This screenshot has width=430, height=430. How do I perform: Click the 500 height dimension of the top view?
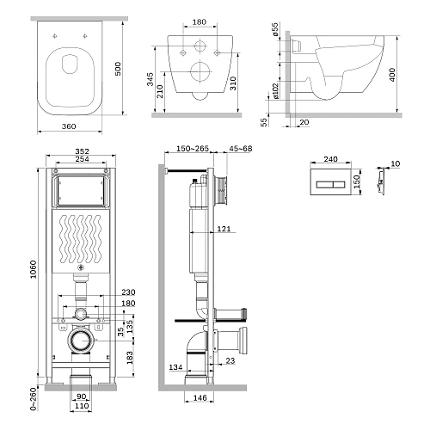pyautogui.click(x=118, y=69)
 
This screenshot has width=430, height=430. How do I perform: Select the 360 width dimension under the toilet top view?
pyautogui.click(x=69, y=126)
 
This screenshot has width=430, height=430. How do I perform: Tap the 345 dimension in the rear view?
pyautogui.click(x=150, y=79)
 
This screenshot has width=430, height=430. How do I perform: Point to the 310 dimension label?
pyautogui.click(x=233, y=83)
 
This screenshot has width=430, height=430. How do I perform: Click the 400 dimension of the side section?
pyautogui.click(x=392, y=75)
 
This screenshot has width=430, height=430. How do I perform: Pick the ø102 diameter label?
pyautogui.click(x=275, y=91)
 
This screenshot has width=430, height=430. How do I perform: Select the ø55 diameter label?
pyautogui.click(x=275, y=29)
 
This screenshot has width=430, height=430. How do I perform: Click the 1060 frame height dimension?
pyautogui.click(x=34, y=269)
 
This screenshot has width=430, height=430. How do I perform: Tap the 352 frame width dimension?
pyautogui.click(x=82, y=151)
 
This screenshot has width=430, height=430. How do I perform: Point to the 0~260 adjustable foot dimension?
pyautogui.click(x=34, y=399)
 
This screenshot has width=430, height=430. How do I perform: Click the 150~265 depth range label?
pyautogui.click(x=193, y=149)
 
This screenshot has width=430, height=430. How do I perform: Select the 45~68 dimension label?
pyautogui.click(x=241, y=149)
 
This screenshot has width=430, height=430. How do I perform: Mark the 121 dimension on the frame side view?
pyautogui.click(x=224, y=229)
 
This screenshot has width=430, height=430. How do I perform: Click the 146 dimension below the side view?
pyautogui.click(x=200, y=397)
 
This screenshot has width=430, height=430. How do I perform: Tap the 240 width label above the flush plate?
pyautogui.click(x=330, y=159)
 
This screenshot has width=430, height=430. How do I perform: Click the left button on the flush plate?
pyautogui.click(x=324, y=184)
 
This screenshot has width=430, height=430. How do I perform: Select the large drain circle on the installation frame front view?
pyautogui.click(x=82, y=341)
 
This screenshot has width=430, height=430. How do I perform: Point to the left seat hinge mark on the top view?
pyautogui.click(x=55, y=36)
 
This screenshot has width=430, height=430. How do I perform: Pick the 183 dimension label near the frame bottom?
pyautogui.click(x=130, y=358)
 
